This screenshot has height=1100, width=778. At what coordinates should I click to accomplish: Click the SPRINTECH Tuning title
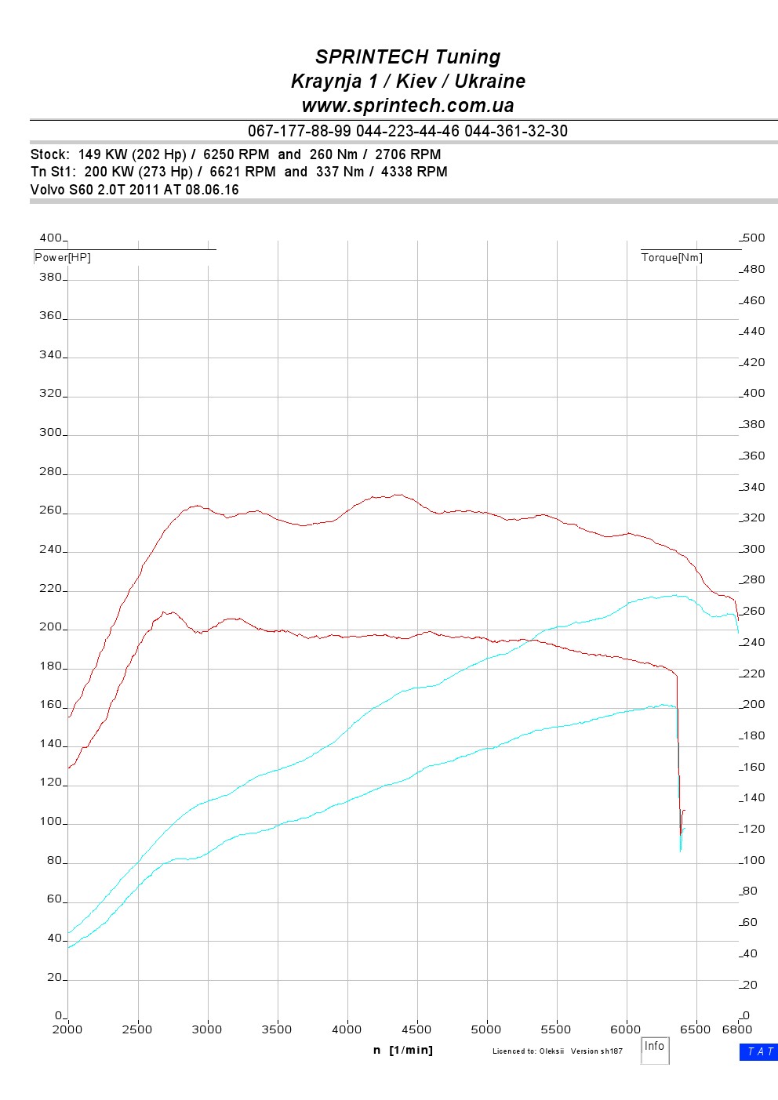(408, 57)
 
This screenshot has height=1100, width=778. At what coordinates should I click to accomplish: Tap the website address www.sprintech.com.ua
(408, 106)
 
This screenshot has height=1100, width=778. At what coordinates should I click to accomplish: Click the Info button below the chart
(654, 1047)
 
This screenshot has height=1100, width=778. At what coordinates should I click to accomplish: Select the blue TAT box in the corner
(758, 1052)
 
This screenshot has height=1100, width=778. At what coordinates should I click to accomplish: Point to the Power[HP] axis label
(63, 258)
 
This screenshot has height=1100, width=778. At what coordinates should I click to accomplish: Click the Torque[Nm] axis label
(671, 258)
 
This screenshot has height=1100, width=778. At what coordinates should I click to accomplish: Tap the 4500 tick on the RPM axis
(416, 1029)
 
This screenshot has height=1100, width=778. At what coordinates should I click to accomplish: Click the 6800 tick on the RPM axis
(736, 1029)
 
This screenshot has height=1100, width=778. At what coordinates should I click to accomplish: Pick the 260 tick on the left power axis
(50, 510)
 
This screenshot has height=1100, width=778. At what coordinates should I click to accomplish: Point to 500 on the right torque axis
(754, 238)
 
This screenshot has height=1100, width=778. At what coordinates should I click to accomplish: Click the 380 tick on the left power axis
(50, 277)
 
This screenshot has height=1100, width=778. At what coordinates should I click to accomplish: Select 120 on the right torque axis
(754, 830)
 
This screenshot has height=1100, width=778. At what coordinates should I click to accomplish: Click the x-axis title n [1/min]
(403, 1050)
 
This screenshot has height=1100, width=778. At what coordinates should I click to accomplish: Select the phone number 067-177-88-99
(300, 131)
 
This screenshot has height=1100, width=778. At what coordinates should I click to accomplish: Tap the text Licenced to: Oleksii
(528, 1051)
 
